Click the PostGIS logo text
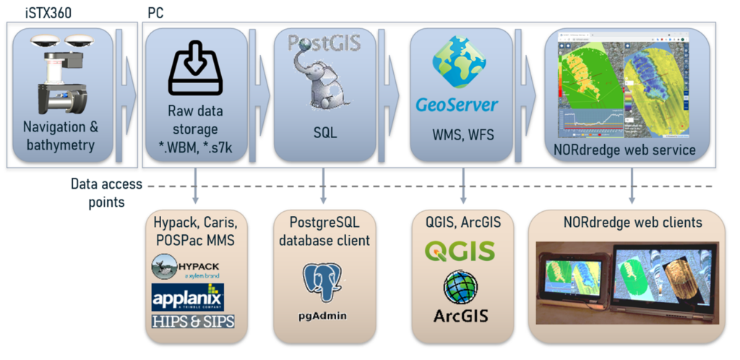[x=324, y=42]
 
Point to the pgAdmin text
[x=323, y=315]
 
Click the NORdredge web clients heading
[x=633, y=223]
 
